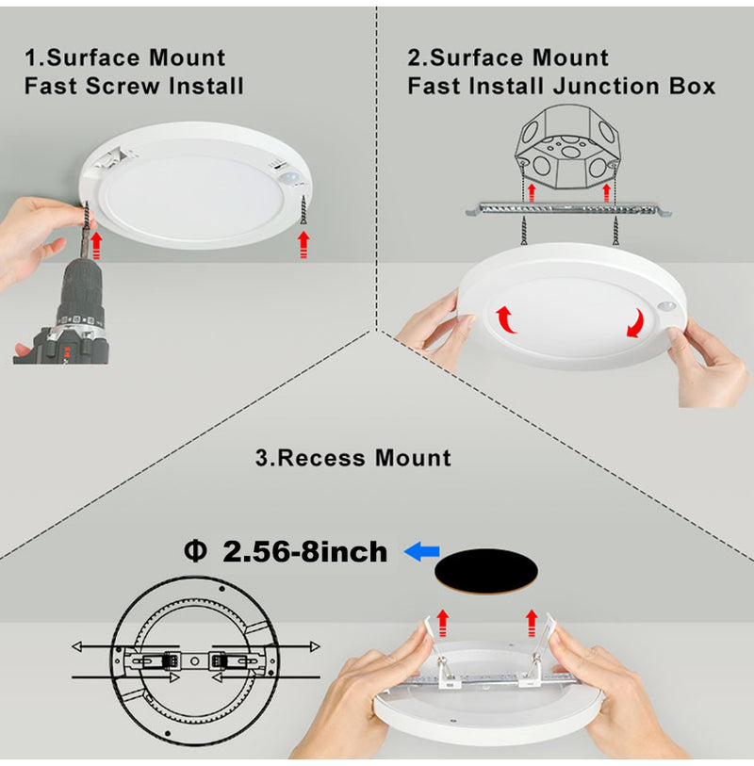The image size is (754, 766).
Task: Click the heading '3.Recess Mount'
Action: pyautogui.click(x=352, y=459)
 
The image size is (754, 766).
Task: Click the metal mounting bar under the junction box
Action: pyautogui.click(x=566, y=206)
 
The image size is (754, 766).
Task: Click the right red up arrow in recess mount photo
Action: pyautogui.click(x=532, y=620)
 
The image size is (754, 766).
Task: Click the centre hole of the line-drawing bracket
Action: pyautogui.click(x=194, y=661)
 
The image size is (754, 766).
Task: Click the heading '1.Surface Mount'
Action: pyautogui.click(x=124, y=58)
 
